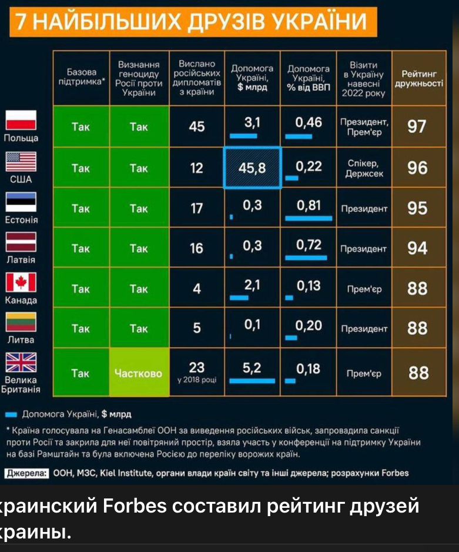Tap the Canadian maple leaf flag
point(21,282)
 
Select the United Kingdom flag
point(21,363)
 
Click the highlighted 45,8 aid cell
point(252,168)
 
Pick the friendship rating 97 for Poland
point(417,126)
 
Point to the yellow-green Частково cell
point(138,373)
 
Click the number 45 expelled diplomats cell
point(197,127)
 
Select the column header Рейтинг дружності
point(418,79)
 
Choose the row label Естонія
point(21,220)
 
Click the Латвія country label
point(21,260)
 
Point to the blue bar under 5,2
point(252,381)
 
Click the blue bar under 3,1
point(244,135)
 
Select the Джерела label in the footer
point(26,473)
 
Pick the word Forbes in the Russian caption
point(130,507)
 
